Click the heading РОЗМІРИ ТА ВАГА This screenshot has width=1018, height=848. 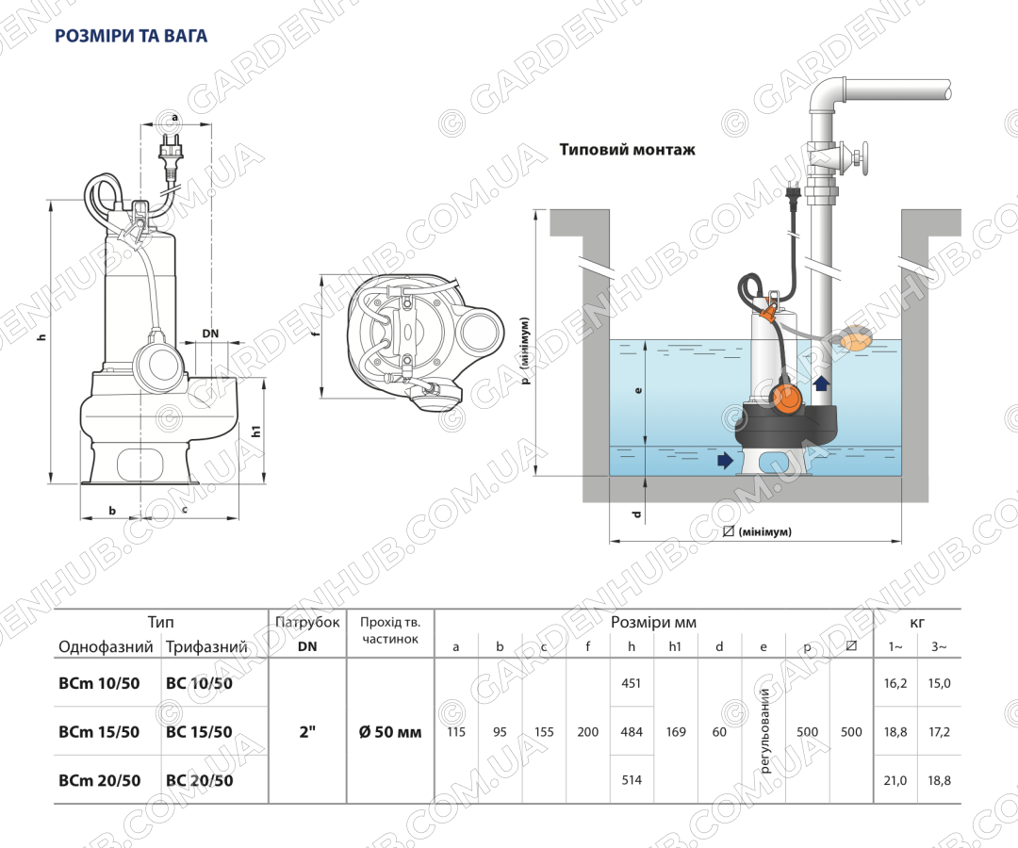point(131,36)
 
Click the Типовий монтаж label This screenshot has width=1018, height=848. point(627,150)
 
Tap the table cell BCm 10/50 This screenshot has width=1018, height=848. point(99,683)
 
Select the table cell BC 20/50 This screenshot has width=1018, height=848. point(199,780)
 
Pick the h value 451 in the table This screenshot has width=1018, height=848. point(631,683)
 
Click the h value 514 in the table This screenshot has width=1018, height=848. point(631,780)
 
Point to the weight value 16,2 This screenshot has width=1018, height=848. point(895,683)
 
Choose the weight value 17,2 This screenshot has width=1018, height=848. point(940,732)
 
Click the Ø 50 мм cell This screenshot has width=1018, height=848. point(390,732)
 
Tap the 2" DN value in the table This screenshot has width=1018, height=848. point(307,732)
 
